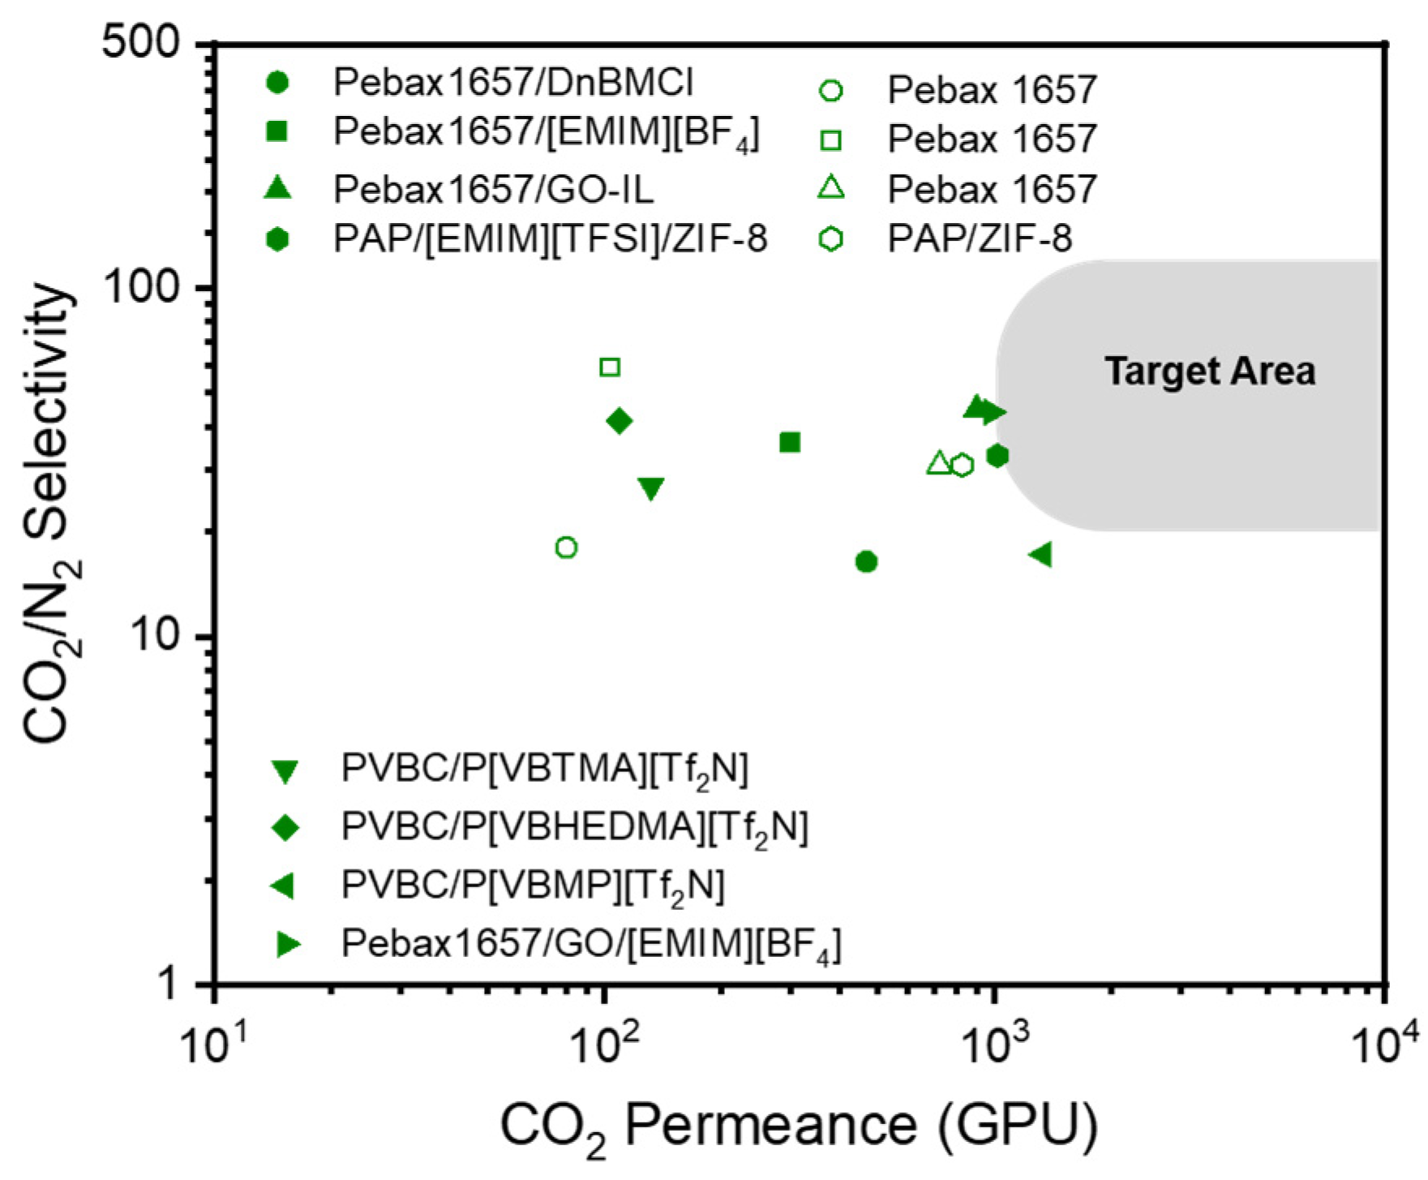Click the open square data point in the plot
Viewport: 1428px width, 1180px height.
click(x=610, y=367)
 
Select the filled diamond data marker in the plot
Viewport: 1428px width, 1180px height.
click(x=620, y=421)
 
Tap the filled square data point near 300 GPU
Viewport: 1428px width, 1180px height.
click(x=790, y=442)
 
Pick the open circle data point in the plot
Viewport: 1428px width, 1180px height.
click(x=567, y=547)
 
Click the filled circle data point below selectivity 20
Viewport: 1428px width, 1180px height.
click(x=866, y=561)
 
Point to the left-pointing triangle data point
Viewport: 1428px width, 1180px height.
click(x=1040, y=555)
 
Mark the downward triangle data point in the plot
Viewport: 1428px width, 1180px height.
click(x=651, y=488)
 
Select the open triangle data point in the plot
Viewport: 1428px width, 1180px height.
click(x=939, y=463)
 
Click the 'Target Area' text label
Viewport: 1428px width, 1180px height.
click(x=1210, y=371)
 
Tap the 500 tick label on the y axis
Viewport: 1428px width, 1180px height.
click(x=141, y=42)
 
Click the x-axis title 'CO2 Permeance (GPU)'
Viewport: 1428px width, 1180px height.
click(x=799, y=1126)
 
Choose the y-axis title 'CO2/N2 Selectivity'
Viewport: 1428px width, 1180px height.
click(x=50, y=513)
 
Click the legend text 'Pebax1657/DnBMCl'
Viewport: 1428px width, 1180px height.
click(x=513, y=83)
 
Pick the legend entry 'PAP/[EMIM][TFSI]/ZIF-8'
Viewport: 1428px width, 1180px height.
click(x=551, y=238)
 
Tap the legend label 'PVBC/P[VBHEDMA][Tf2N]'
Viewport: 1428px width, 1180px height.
click(x=575, y=827)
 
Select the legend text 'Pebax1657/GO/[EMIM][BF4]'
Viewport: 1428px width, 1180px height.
click(x=591, y=944)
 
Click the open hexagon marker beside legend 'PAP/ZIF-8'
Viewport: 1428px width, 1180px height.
click(x=831, y=239)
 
